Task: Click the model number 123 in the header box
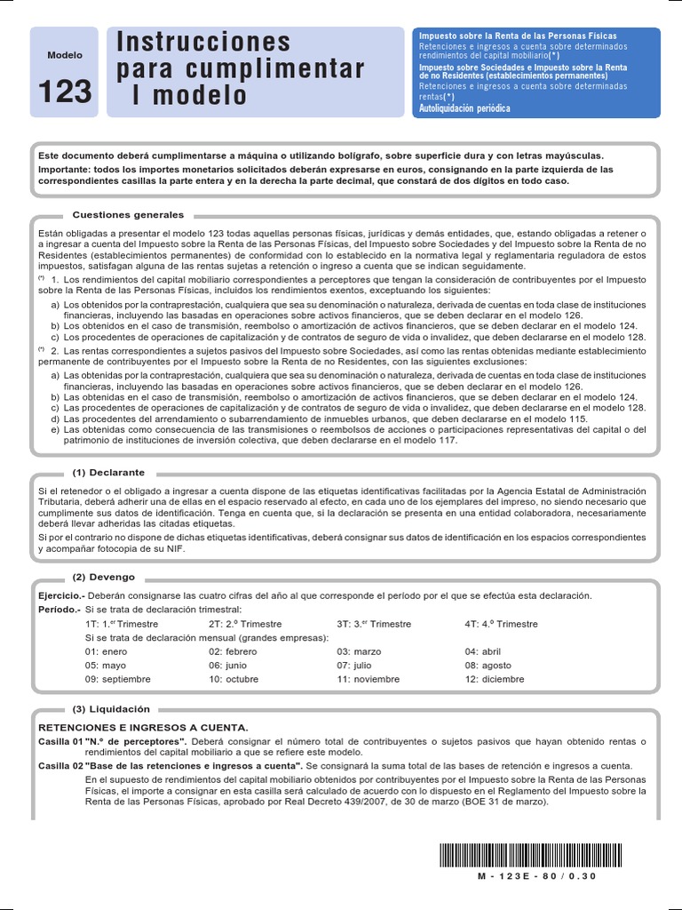[x=65, y=92]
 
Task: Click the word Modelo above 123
[x=65, y=55]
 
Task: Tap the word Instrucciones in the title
[x=203, y=42]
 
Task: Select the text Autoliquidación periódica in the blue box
[x=464, y=108]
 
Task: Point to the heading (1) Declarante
[x=108, y=473]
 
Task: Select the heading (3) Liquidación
[x=111, y=709]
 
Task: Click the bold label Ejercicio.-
[x=60, y=595]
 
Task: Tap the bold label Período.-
[x=59, y=610]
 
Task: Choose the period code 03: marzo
[x=359, y=651]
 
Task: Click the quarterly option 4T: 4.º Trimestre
[x=501, y=624]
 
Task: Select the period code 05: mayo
[x=106, y=665]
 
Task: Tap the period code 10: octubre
[x=234, y=679]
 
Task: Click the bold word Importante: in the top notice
[x=66, y=169]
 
